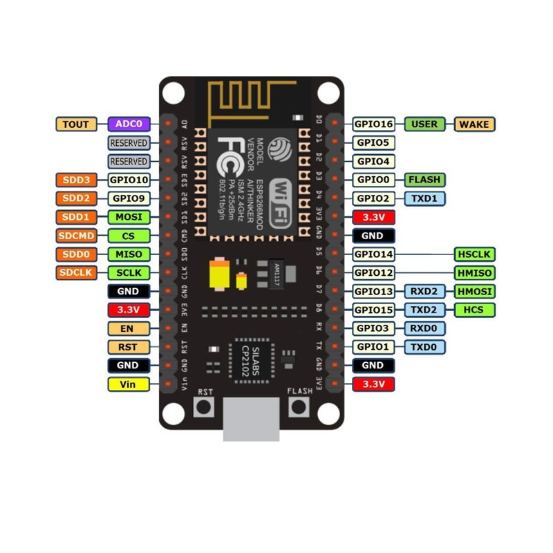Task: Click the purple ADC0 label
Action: pos(129,124)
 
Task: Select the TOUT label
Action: pos(75,124)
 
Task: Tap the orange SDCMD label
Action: pos(75,236)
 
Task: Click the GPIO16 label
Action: pos(373,124)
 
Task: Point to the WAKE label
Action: pos(476,124)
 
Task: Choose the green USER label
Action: pos(424,124)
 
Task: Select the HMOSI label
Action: pos(476,291)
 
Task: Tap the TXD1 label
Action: pos(424,198)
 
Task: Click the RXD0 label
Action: pos(424,328)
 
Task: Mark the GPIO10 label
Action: pos(129,180)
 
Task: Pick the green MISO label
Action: pos(129,254)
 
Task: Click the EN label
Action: pos(129,328)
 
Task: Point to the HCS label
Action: pos(476,310)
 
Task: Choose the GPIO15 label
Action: pos(373,310)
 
